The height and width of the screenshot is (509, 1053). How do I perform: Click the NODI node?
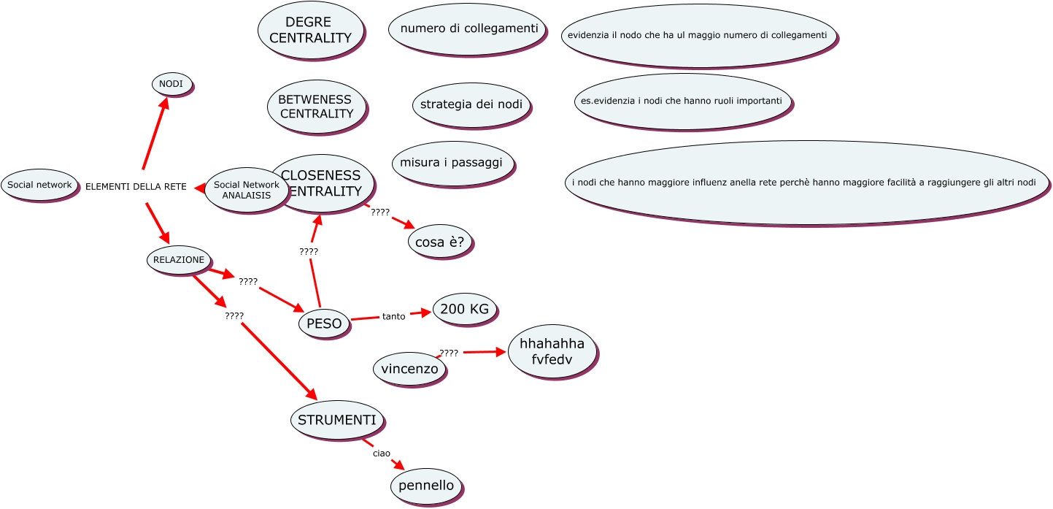pyautogui.click(x=171, y=85)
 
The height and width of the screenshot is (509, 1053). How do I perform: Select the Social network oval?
pyautogui.click(x=39, y=185)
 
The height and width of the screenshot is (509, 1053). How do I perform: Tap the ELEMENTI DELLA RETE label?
pyautogui.click(x=136, y=187)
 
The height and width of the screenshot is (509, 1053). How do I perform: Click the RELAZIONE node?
pyautogui.click(x=179, y=259)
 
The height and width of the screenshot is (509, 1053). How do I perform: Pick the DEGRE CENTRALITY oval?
pyautogui.click(x=311, y=30)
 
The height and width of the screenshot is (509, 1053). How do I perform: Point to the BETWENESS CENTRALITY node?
pyautogui.click(x=315, y=107)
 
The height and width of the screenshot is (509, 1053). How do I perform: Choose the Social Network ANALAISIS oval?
pyautogui.click(x=247, y=190)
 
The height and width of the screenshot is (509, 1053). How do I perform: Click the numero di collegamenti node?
pyautogui.click(x=468, y=29)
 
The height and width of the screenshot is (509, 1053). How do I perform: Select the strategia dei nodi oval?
pyautogui.click(x=471, y=104)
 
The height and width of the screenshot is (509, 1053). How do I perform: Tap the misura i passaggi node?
pyautogui.click(x=452, y=162)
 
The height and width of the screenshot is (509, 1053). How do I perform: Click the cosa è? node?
pyautogui.click(x=440, y=242)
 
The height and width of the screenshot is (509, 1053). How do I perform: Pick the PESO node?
pyautogui.click(x=324, y=324)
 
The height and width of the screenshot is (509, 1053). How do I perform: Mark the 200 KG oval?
pyautogui.click(x=465, y=309)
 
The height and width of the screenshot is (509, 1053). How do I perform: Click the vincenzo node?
pyautogui.click(x=409, y=369)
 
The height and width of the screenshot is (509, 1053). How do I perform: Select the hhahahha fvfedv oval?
pyautogui.click(x=552, y=351)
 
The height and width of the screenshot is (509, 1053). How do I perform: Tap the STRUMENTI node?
pyautogui.click(x=337, y=420)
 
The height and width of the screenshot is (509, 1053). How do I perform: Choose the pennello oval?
pyautogui.click(x=426, y=486)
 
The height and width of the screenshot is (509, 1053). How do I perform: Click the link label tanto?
pyautogui.click(x=393, y=316)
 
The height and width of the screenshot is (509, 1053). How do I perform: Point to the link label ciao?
pyautogui.click(x=381, y=453)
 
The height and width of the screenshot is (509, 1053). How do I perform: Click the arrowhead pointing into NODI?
pyautogui.click(x=165, y=102)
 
